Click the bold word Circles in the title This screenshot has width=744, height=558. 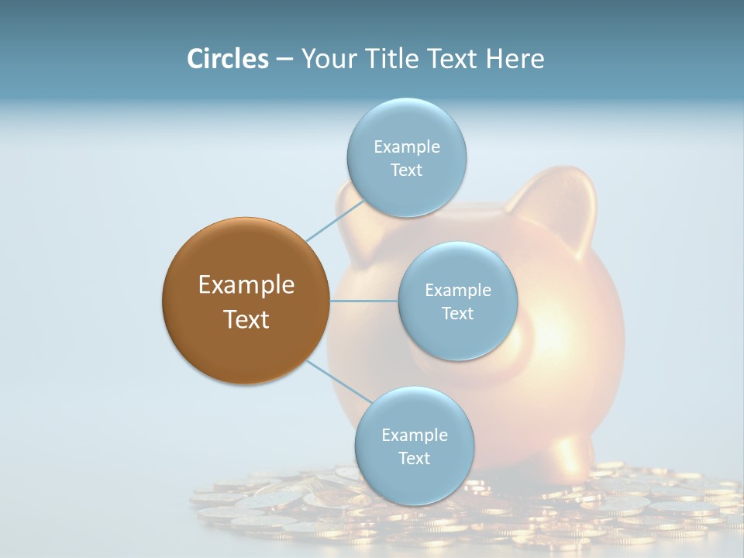(228, 59)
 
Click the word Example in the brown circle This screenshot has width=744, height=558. (246, 285)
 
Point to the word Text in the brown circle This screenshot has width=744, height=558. (246, 319)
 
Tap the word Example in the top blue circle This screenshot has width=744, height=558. (407, 146)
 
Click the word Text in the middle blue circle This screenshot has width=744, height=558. (457, 313)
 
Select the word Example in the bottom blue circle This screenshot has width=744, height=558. (414, 435)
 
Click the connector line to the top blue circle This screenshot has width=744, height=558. (335, 220)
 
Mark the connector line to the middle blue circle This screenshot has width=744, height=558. (364, 301)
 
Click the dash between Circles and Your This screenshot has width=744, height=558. (284, 59)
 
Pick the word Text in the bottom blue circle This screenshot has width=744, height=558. (414, 458)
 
